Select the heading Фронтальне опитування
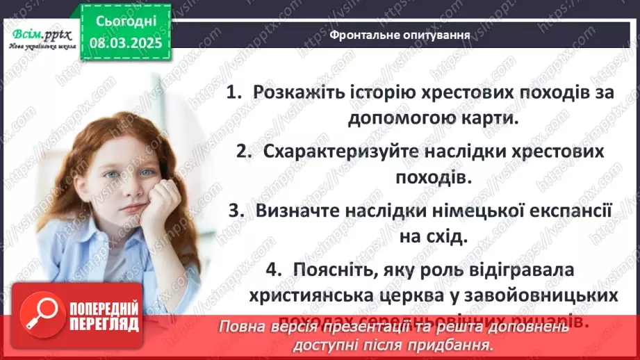coord(399,33)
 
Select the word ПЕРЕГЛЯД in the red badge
coord(104,324)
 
